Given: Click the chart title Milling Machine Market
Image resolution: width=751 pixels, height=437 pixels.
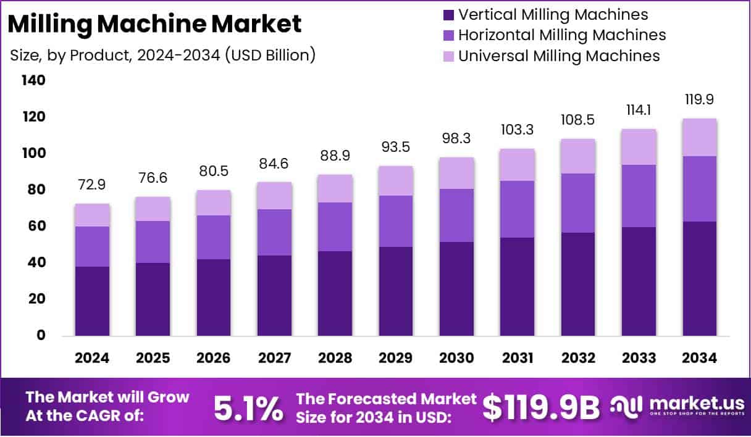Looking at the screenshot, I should tap(156, 24).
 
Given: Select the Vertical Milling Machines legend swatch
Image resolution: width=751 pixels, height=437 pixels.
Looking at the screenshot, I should tap(448, 15).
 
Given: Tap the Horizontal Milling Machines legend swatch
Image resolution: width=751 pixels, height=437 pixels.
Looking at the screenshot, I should tap(448, 35).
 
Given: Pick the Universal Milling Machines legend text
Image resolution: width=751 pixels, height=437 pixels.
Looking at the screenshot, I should tap(559, 56).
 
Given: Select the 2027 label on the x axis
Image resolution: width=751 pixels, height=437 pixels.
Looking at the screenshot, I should tap(274, 358).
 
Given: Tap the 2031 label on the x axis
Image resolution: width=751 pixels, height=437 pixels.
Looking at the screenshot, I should tap(518, 358).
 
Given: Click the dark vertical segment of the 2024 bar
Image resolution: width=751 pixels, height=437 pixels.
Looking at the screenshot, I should tap(93, 301).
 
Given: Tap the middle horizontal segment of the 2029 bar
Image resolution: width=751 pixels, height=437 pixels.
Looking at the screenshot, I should tap(396, 221).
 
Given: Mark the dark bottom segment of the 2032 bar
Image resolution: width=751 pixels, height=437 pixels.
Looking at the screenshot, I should tap(579, 284).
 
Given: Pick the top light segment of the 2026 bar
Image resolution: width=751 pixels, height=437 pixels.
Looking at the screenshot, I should tap(214, 202).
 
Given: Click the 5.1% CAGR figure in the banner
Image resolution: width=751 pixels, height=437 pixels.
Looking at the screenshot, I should tap(248, 408).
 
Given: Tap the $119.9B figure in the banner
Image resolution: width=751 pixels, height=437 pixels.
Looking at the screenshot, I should tap(541, 408).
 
